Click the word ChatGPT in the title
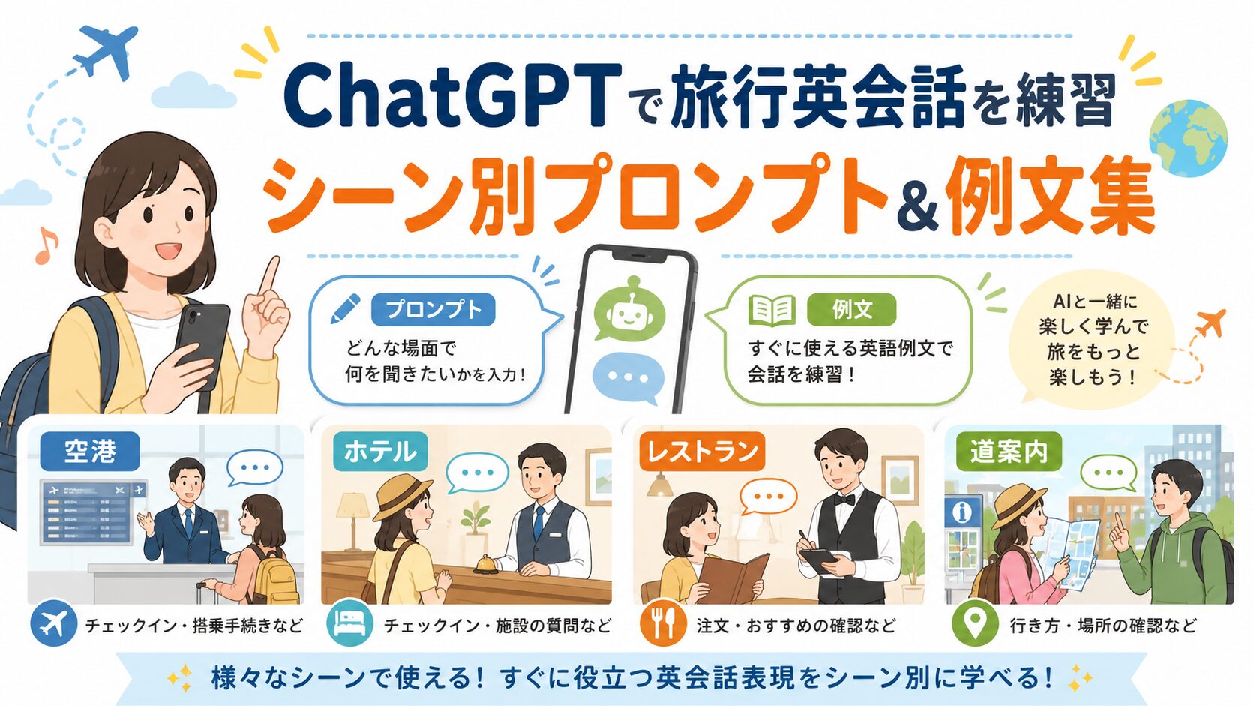452,97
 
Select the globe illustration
1189,138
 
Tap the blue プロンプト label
433,310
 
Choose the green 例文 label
851,310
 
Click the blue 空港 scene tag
90,451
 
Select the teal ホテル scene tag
380,451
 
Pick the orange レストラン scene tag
702,451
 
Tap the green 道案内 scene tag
1009,451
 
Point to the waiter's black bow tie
844,500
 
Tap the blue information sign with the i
962,511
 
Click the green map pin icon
975,623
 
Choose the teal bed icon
350,623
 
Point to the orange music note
47,245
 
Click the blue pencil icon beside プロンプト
346,308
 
